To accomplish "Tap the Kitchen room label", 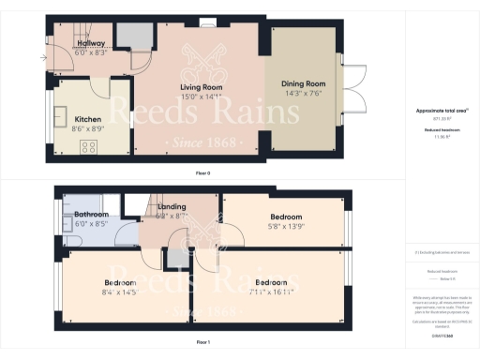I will tap(88, 119).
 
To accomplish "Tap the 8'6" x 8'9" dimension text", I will tap(88, 128).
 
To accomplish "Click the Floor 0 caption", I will tap(202, 172).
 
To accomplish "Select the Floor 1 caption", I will tap(202, 343).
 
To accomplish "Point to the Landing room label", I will tap(172, 207).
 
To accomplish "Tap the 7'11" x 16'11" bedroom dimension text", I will tap(271, 292).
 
